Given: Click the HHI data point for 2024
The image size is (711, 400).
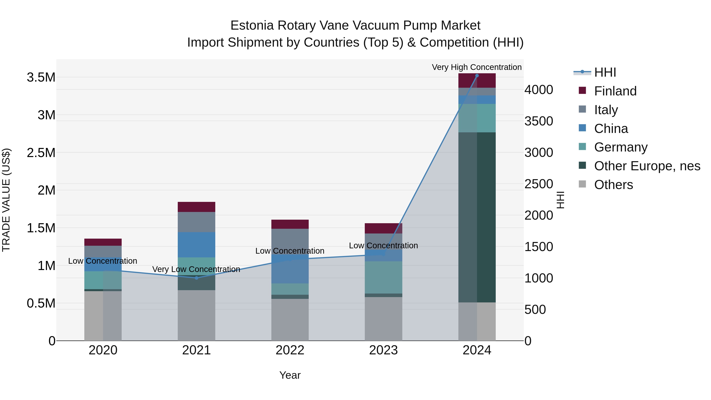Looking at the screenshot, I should coord(477,75).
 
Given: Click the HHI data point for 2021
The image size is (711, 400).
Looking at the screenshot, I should coord(196,278).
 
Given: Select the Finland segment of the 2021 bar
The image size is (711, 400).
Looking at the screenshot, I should coord(196,207).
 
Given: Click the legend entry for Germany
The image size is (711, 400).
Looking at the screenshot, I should coord(621,147).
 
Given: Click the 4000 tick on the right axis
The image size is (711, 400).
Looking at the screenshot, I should coord(539,90).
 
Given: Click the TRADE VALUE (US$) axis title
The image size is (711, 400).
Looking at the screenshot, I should coord(6,200).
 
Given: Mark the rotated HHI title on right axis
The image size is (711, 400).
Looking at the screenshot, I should coord(560,200).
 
